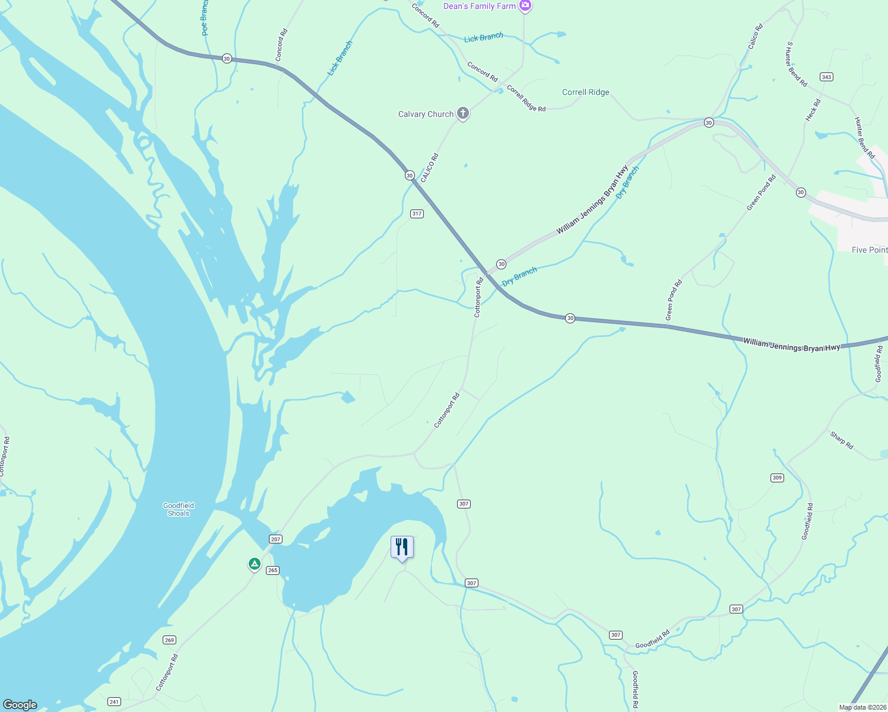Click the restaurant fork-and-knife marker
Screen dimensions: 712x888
[402, 547]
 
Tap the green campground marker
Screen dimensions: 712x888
[254, 564]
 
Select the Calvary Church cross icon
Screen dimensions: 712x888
[463, 113]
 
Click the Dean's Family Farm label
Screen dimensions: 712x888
[480, 6]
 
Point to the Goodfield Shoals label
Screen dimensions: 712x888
[178, 509]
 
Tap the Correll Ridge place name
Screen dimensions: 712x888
[585, 92]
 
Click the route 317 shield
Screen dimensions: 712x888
[417, 214]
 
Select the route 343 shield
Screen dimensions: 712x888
[826, 77]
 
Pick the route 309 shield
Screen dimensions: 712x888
[777, 478]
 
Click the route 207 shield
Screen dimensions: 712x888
[275, 539]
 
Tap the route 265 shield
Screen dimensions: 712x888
[272, 570]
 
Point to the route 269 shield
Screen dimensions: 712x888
[170, 640]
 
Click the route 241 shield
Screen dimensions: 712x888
[115, 702]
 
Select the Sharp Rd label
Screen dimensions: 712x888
[842, 440]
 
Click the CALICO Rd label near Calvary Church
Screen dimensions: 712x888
[429, 168]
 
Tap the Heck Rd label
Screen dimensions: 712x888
[813, 110]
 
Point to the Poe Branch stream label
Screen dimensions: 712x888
[205, 18]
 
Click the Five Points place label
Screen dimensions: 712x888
[869, 250]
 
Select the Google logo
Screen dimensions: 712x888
[20, 704]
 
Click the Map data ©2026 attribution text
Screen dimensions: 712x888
[862, 707]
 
